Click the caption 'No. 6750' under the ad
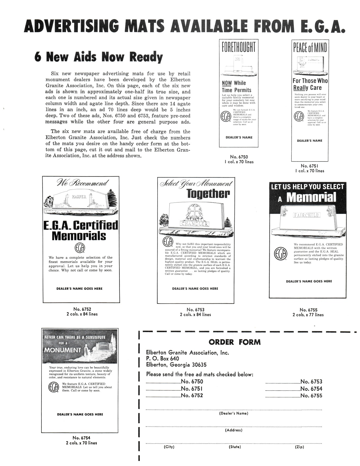tap(239, 157)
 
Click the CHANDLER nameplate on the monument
tap(195, 224)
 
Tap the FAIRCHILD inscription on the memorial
tap(307, 215)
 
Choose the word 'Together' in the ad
tap(208, 194)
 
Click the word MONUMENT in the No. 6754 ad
tap(61, 350)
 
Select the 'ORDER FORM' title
tap(235, 342)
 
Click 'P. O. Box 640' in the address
tap(162, 358)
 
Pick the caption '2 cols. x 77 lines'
tap(308, 315)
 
